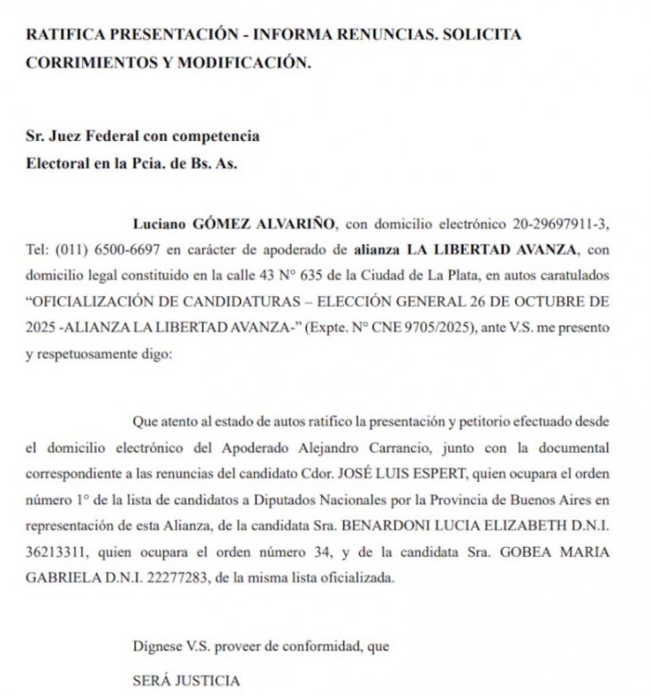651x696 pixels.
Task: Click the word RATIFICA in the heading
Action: (67, 37)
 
